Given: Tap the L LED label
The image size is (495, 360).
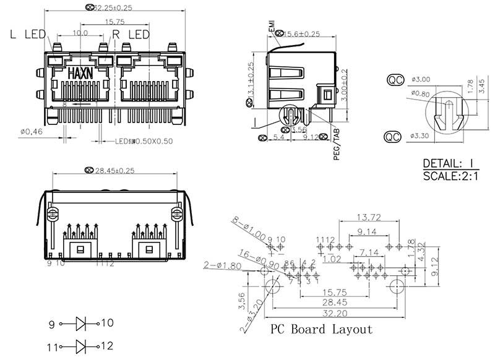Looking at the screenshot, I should point(27,35).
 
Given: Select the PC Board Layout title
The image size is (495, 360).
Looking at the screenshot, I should point(321,329).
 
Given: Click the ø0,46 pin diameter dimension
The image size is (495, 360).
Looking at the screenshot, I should point(30,131).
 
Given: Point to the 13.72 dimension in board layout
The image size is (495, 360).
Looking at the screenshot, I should point(369,217).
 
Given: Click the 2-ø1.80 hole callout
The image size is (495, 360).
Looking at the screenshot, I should point(221,265).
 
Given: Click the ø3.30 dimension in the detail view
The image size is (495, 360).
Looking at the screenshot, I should point(420,135).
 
